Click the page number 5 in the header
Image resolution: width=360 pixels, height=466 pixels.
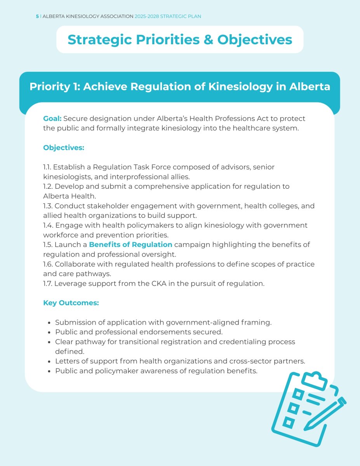tap(37, 16)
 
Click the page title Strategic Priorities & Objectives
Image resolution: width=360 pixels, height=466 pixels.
tap(180, 40)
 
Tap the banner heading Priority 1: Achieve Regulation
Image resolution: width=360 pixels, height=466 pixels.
tap(180, 87)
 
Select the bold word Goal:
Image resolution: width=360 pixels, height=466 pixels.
tap(52, 118)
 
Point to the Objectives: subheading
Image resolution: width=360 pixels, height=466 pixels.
tap(64, 148)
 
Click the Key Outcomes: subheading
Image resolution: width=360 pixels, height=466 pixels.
tap(71, 303)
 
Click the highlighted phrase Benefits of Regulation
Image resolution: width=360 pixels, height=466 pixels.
tap(130, 245)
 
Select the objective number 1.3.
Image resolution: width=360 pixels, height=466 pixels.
tap(47, 206)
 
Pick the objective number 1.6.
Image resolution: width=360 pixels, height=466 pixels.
tap(48, 264)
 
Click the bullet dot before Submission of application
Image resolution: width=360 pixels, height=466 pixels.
tap(49, 323)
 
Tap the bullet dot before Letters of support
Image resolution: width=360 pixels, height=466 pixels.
tap(49, 362)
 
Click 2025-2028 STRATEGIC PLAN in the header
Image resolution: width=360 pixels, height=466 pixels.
tap(168, 16)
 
